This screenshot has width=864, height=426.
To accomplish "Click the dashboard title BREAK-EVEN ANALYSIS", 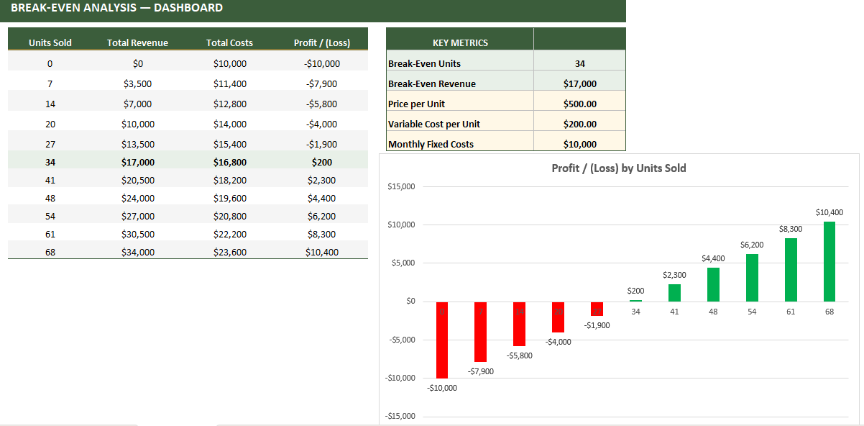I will click(x=116, y=8).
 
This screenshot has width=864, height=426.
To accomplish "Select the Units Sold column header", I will click(x=50, y=42).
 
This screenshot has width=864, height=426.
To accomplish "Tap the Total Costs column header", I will click(x=230, y=42).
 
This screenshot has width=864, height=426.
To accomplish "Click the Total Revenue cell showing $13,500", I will click(x=138, y=144).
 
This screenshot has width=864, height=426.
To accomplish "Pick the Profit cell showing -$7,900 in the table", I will click(x=321, y=83).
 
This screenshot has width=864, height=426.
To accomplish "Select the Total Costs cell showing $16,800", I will click(x=230, y=162).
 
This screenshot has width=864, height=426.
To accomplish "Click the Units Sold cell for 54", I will click(x=50, y=216).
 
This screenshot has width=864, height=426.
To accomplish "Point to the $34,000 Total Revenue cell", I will click(x=138, y=252).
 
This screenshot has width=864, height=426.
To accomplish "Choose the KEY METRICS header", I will click(x=460, y=42).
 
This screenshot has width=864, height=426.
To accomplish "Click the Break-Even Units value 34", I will click(x=580, y=63).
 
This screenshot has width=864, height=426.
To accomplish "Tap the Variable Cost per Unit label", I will click(x=434, y=124).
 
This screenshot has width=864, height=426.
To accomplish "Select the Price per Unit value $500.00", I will click(x=580, y=104).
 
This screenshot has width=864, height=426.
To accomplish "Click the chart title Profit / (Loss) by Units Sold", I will click(x=619, y=168).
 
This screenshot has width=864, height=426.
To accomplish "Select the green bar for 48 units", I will click(x=713, y=284).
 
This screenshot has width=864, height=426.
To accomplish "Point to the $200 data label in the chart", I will click(x=636, y=291).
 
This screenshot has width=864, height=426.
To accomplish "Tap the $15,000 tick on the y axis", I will click(x=401, y=187).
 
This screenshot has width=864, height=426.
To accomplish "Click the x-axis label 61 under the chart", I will click(x=791, y=312).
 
